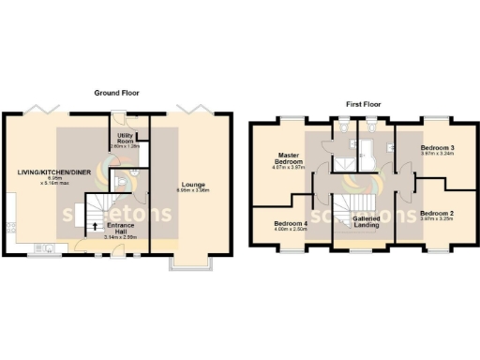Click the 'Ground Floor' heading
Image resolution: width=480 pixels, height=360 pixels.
click(116, 93)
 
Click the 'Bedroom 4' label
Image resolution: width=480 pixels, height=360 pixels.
click(291, 224)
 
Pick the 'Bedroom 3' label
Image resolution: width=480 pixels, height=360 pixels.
click(436, 148)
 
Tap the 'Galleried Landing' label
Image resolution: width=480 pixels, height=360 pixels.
click(366, 222)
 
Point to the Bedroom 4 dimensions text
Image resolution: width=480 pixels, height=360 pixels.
click(291, 231)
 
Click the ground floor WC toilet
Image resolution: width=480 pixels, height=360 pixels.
click(131, 177)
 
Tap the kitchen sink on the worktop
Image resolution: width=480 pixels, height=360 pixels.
click(44, 247)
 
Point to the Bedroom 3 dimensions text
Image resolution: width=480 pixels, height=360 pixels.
click(436, 155)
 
